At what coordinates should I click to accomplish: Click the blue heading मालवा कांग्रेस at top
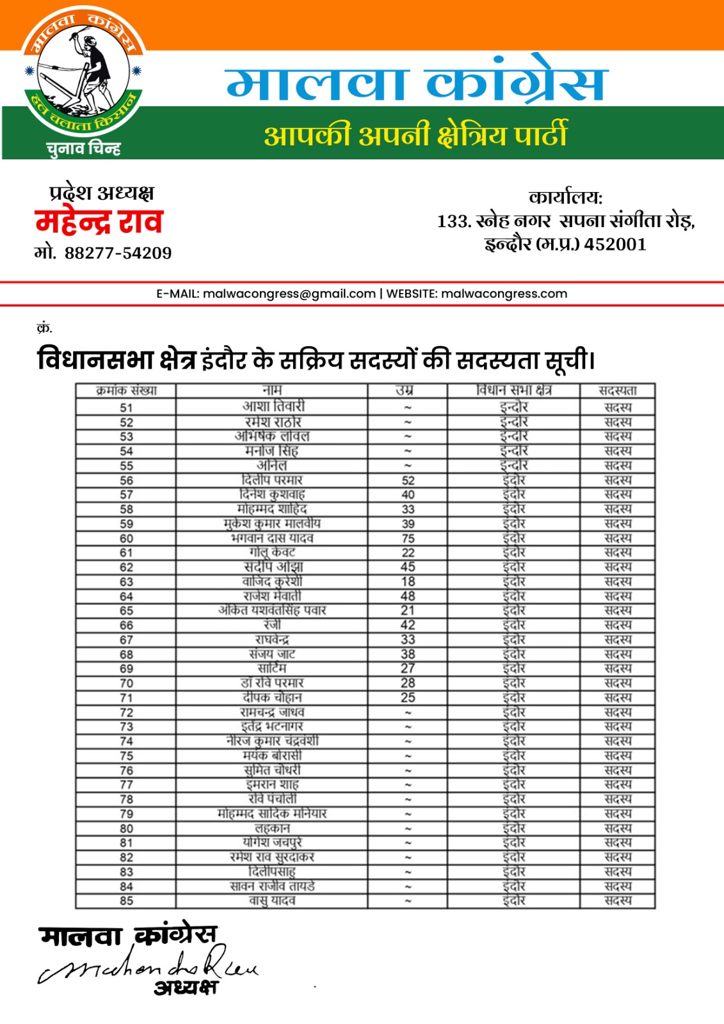416,84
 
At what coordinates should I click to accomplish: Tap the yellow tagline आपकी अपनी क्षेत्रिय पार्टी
415,135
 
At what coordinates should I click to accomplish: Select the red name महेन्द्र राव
99,222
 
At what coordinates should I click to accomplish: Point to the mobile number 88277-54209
118,253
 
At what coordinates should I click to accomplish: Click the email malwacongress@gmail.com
289,294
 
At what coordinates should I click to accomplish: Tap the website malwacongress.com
504,294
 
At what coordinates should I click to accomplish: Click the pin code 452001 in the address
615,244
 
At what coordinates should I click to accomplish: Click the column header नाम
272,390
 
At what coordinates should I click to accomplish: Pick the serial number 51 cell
126,408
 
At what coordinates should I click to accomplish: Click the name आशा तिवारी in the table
273,406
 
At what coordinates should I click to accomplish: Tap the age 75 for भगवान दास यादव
408,538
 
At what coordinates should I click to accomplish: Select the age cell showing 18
408,582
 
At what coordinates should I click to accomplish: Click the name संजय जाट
272,654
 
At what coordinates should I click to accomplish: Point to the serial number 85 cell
126,901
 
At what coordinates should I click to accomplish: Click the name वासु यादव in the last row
272,900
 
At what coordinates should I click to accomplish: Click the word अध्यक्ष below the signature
186,988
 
